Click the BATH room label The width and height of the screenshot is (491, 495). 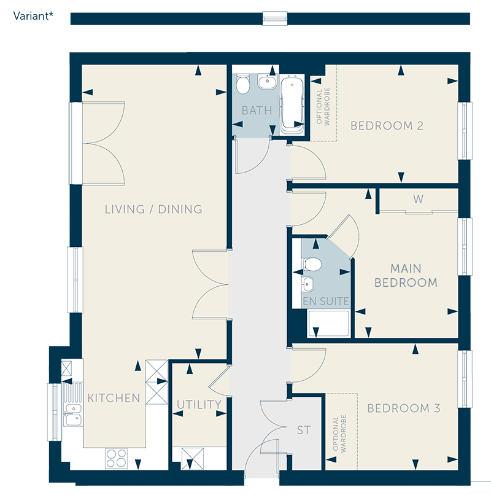point(257,111)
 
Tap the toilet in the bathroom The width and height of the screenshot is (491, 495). point(243,84)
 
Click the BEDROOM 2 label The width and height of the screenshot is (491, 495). point(387,126)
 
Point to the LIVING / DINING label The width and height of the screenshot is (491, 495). point(153,209)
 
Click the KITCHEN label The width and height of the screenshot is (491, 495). point(114,398)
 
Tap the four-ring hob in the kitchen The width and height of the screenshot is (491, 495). point(116,458)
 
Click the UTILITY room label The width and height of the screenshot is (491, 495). point(199,405)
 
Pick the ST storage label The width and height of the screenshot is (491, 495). point(304,430)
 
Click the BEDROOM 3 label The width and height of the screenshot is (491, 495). point(404,408)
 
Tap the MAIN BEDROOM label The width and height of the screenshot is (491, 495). point(406,276)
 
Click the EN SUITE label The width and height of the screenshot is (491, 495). point(326,302)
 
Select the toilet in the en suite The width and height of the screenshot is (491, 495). point(312,264)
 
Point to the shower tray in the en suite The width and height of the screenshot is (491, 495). point(329,324)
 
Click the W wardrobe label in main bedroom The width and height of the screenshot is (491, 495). point(418,199)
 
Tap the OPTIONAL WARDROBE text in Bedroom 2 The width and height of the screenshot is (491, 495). point(323,107)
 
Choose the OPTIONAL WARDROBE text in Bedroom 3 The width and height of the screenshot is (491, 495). point(339,434)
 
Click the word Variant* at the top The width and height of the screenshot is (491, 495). point(33,16)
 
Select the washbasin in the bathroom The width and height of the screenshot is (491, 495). point(267,82)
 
